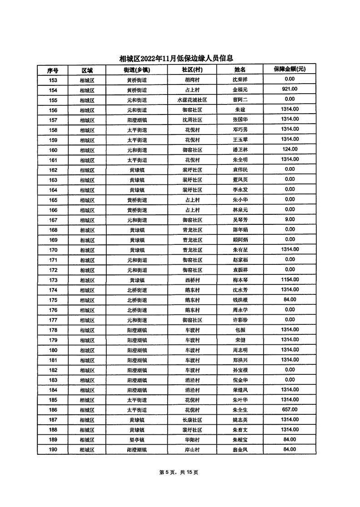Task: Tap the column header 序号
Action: point(53,70)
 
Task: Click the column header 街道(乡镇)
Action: point(137,70)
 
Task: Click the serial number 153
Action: point(53,80)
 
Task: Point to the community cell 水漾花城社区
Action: point(192,100)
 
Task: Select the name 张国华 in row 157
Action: point(240,120)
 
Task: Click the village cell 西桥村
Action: point(192,280)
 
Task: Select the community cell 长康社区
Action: point(192,420)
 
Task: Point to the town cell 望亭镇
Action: point(137,440)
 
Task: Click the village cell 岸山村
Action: point(192,450)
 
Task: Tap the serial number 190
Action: point(53,450)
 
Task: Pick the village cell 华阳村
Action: point(192,440)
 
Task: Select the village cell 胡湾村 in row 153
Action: point(192,80)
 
